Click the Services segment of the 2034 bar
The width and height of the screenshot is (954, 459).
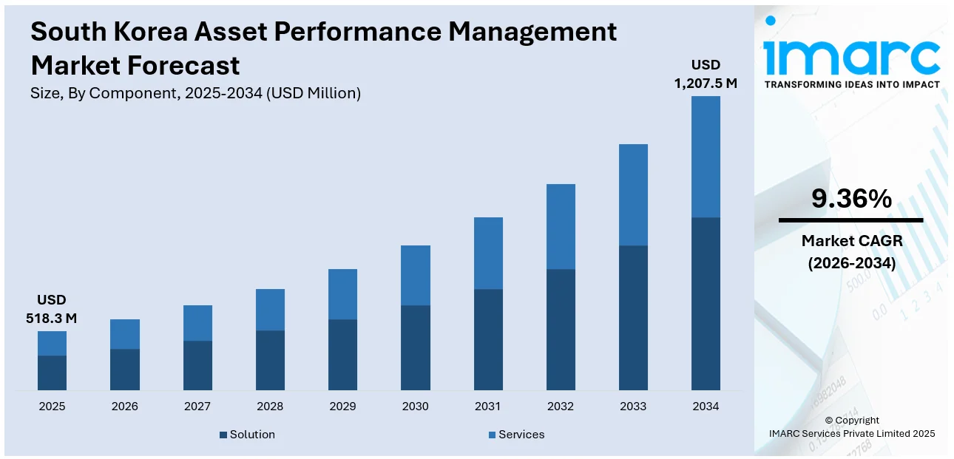point(706,157)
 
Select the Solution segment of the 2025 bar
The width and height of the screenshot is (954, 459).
point(52,373)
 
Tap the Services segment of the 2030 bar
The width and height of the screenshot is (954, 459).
point(415,275)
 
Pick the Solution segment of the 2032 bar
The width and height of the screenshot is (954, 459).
point(561,330)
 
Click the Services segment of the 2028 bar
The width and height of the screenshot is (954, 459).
point(270,310)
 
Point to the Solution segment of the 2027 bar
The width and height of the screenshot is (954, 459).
point(197,365)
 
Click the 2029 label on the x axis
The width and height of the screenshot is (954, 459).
point(342,407)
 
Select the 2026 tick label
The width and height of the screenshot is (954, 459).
point(124,407)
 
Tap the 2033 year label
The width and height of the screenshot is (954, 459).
point(633,407)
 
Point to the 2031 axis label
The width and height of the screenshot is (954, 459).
point(487,407)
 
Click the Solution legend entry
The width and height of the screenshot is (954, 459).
point(247,435)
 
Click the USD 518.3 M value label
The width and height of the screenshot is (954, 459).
point(52,310)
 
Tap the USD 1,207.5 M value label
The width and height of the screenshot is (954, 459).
point(706,74)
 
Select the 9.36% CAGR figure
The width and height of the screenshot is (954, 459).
point(851,199)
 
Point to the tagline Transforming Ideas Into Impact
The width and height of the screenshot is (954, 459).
point(851,85)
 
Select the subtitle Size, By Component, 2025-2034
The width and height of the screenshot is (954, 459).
point(195,93)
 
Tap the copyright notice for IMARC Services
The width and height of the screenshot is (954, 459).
point(851,427)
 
